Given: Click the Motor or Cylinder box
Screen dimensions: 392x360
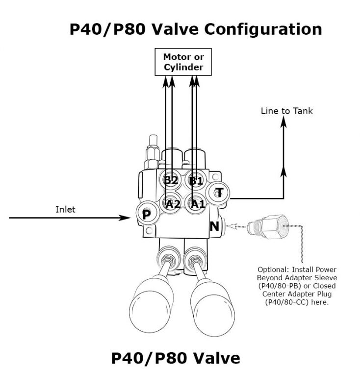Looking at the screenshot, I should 183,62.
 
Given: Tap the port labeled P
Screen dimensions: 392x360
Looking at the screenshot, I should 146,214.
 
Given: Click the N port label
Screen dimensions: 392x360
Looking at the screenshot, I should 214,226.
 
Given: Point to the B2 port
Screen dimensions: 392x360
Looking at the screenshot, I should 171,180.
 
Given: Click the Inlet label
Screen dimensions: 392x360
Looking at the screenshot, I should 65,209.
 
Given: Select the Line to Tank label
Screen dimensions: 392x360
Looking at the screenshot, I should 286,111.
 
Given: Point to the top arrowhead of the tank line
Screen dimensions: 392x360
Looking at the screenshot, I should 283,123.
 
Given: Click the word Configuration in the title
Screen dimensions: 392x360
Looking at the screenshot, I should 263,29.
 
